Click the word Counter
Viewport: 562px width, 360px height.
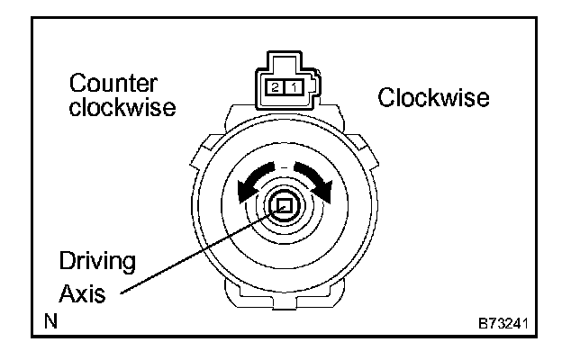[113, 85]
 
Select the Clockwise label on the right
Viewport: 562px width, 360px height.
[434, 96]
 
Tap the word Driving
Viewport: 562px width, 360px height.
[97, 262]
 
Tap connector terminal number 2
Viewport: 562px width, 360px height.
[272, 86]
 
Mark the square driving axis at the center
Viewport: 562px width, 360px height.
[284, 207]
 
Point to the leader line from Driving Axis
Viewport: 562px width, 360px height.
[198, 251]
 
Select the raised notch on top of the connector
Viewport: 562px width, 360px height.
[283, 59]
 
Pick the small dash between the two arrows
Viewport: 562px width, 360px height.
[284, 166]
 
